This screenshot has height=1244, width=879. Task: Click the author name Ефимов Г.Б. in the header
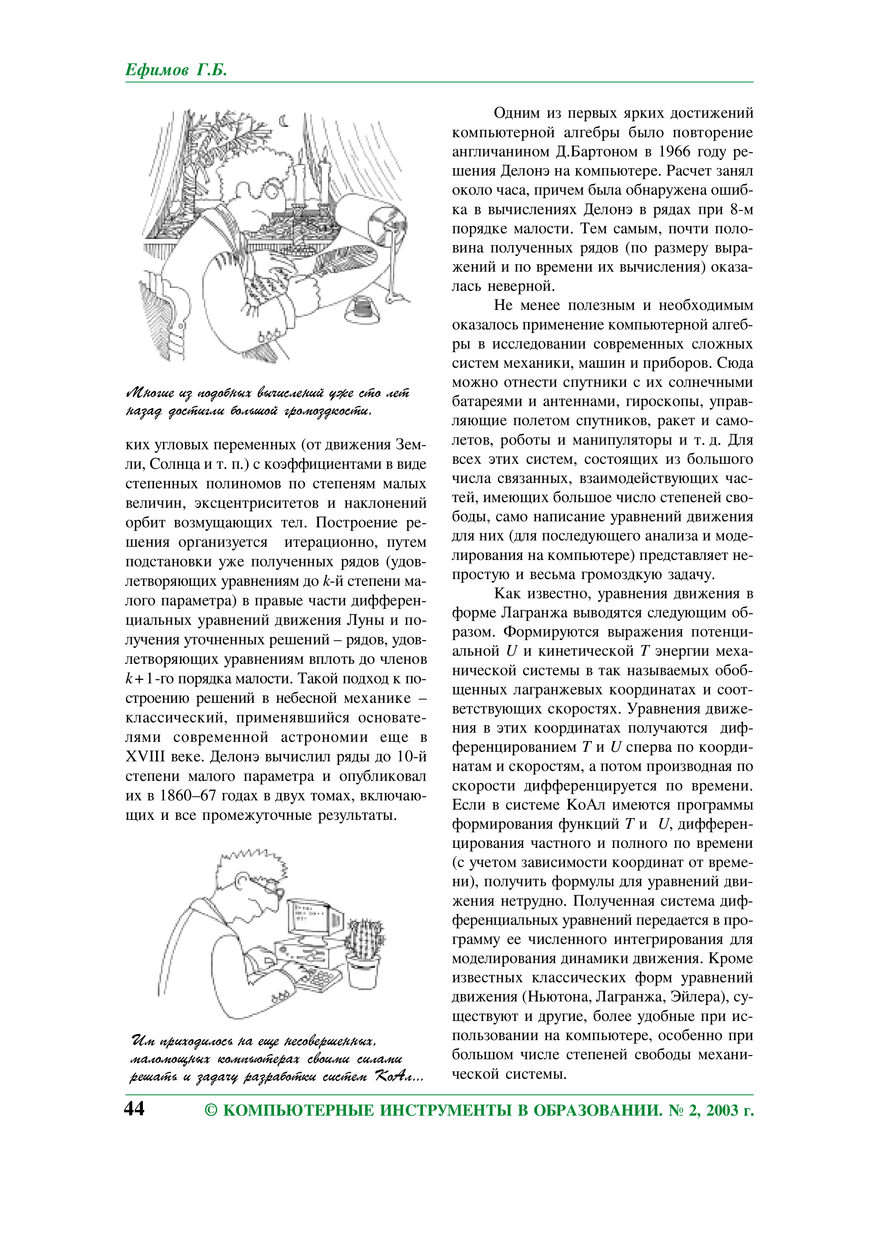coord(177,70)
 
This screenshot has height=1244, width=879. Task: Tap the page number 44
coord(134,1109)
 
